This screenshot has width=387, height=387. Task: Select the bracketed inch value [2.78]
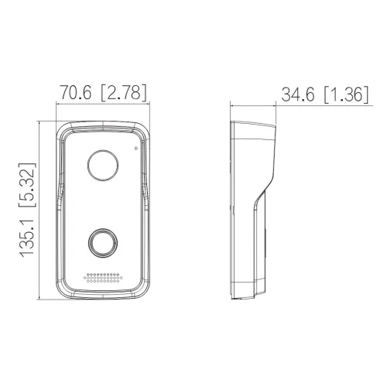tap(124, 93)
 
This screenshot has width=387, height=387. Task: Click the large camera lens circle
tap(101, 163)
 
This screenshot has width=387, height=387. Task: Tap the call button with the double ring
tap(101, 241)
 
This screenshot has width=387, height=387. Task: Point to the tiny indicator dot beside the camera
tap(136, 147)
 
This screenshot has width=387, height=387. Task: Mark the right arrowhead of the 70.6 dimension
tap(147, 104)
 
